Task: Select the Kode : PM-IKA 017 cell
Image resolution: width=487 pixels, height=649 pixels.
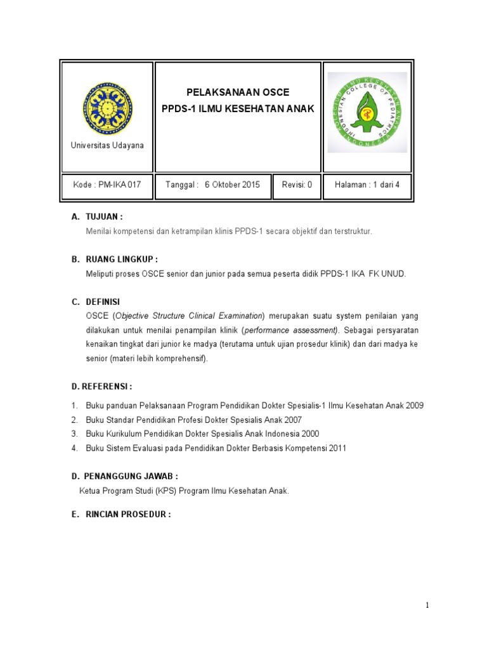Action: (x=107, y=185)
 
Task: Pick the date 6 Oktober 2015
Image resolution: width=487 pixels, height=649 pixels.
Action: (x=232, y=185)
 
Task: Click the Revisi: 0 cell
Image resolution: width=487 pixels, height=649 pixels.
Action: (x=297, y=185)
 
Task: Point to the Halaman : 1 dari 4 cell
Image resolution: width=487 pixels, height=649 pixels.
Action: (x=368, y=185)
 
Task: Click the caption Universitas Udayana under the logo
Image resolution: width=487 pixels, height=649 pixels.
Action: (x=107, y=146)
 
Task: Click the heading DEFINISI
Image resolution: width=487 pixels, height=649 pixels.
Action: (x=103, y=302)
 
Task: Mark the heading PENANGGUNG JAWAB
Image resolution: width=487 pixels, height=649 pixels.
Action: (x=132, y=476)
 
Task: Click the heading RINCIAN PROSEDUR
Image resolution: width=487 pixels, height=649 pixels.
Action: (x=128, y=515)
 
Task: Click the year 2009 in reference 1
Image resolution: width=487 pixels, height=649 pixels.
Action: (x=414, y=405)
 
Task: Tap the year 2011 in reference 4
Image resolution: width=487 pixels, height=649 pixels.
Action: (x=337, y=449)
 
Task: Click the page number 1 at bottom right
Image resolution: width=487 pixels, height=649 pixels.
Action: (x=428, y=605)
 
